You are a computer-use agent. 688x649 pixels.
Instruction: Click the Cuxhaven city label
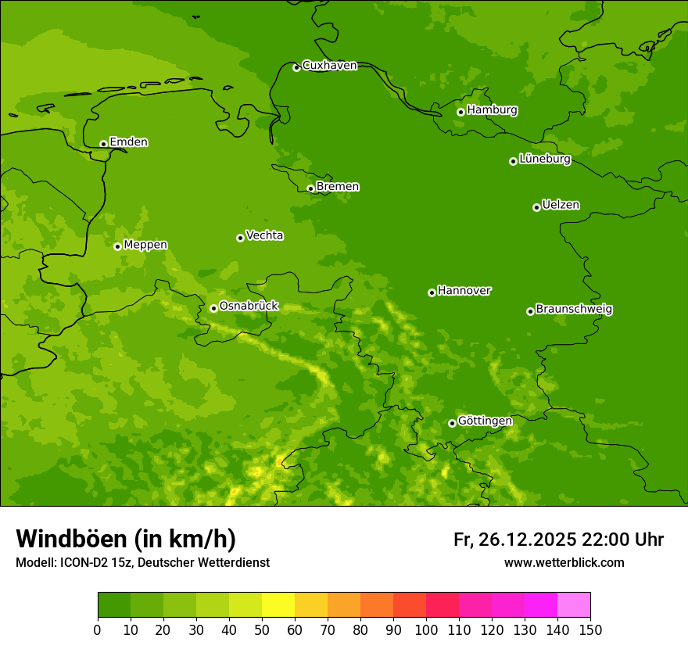[329, 65]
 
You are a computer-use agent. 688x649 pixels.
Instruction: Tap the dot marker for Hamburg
[461, 112]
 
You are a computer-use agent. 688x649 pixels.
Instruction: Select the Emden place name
[128, 142]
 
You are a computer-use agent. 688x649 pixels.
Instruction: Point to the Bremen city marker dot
[310, 188]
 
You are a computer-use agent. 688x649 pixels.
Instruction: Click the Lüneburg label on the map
[544, 159]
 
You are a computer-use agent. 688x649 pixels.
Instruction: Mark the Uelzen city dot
[536, 207]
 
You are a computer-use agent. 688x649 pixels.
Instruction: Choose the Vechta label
[264, 235]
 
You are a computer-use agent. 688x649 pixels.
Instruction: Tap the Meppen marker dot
[117, 246]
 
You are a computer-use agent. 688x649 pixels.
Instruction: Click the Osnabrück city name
[248, 306]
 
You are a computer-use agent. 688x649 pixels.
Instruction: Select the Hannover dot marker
[432, 292]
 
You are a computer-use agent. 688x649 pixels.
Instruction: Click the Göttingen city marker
[452, 423]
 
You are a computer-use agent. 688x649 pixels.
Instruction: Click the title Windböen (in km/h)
[126, 539]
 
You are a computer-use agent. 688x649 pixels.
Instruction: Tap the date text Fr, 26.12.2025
[514, 540]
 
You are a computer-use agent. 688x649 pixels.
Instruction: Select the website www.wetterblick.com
[564, 562]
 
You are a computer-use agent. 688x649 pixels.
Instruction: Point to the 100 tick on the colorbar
[426, 629]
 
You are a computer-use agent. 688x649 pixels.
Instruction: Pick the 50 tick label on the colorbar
[262, 629]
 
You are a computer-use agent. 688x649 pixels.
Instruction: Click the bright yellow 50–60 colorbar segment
[278, 605]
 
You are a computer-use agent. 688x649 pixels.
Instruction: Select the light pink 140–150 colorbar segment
[574, 605]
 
